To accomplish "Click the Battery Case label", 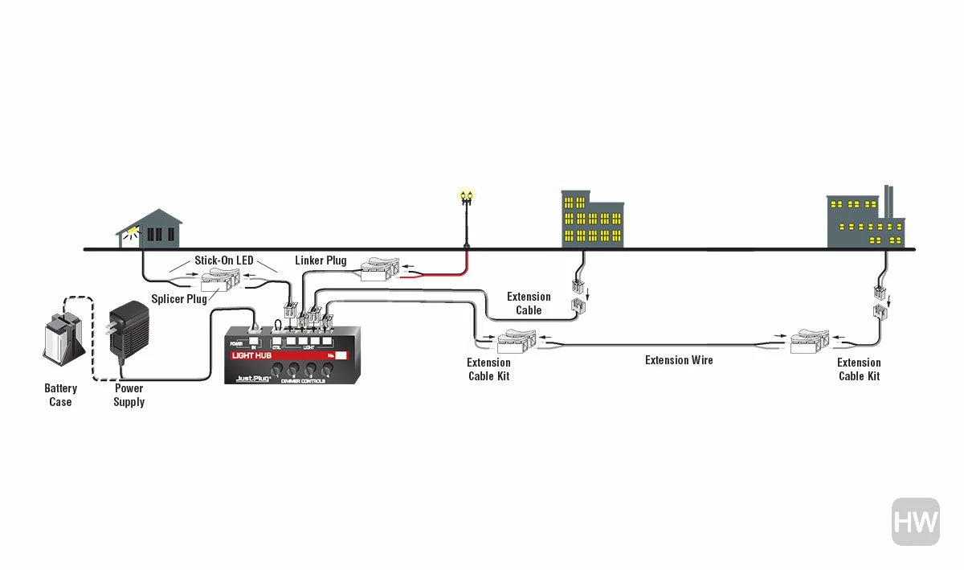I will tap(60, 395).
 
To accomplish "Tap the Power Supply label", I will tap(129, 395).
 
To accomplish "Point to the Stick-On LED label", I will tap(223, 260).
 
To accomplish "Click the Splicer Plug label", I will tap(179, 299).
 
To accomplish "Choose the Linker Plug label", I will tap(321, 260).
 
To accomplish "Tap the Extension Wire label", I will tap(679, 360).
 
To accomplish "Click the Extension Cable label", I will tap(529, 303).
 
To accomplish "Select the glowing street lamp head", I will tap(466, 195).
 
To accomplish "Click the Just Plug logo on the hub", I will tap(252, 378).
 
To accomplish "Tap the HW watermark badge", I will tap(915, 522).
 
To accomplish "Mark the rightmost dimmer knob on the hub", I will tap(328, 370).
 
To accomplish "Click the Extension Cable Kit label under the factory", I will tap(859, 369).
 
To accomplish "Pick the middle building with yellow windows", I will tap(591, 220).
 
